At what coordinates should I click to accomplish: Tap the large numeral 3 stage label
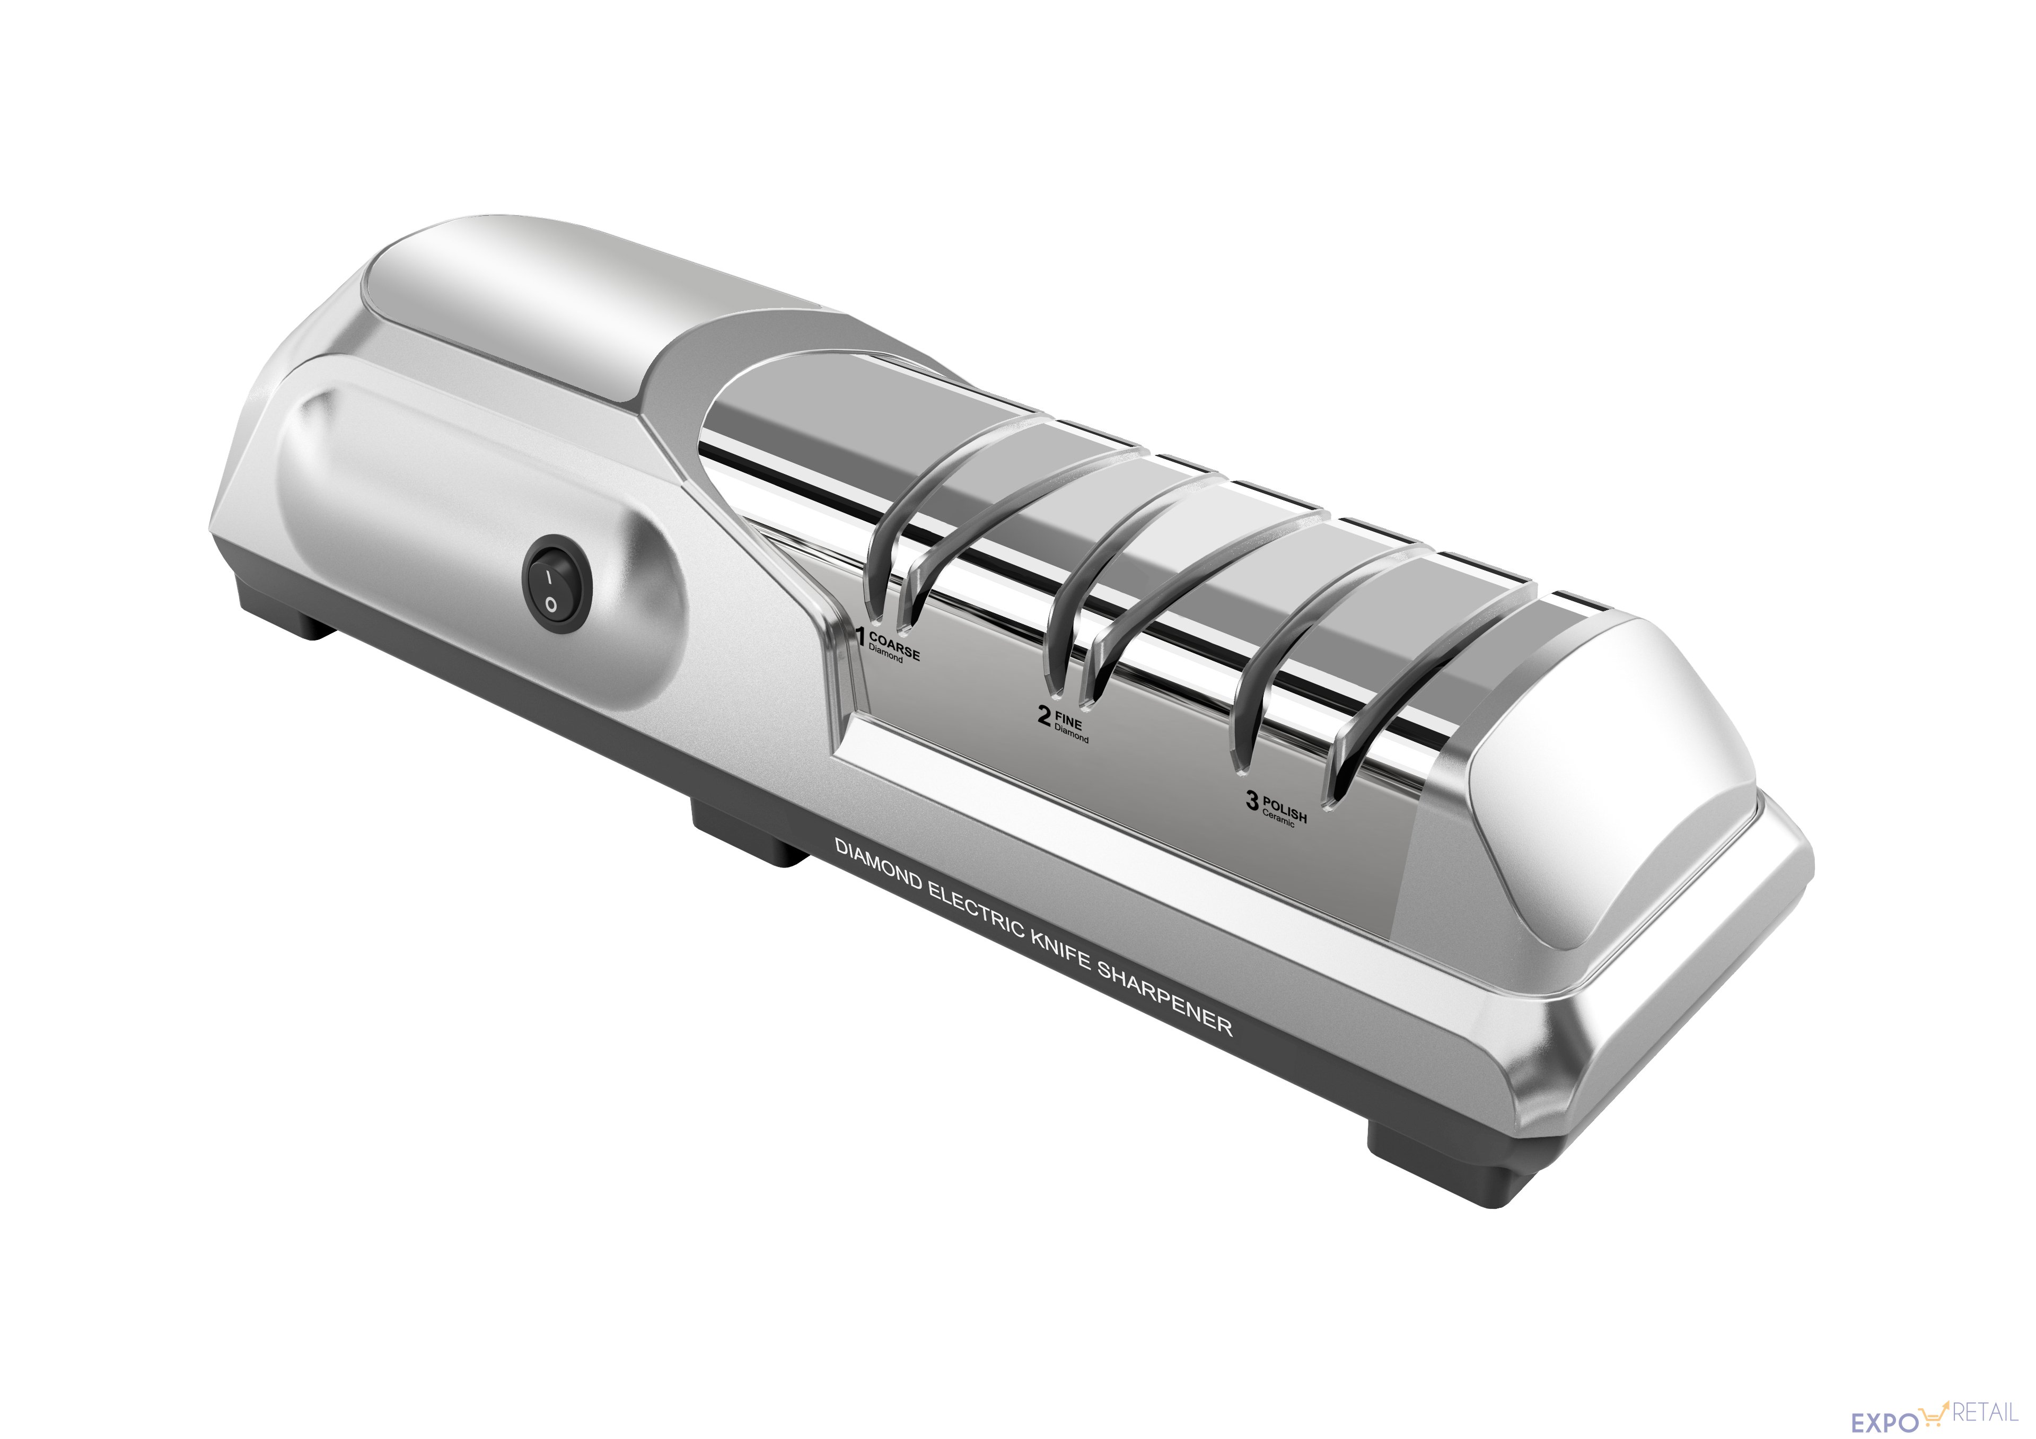click(1251, 802)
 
